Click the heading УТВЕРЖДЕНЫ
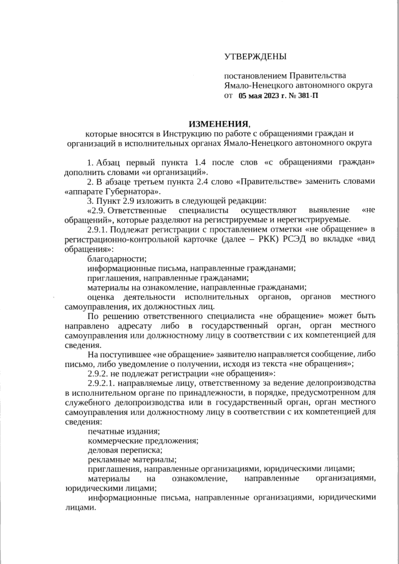pyautogui.click(x=256, y=57)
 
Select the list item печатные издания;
pyautogui.click(x=123, y=431)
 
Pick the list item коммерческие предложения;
pyautogui.click(x=143, y=441)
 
